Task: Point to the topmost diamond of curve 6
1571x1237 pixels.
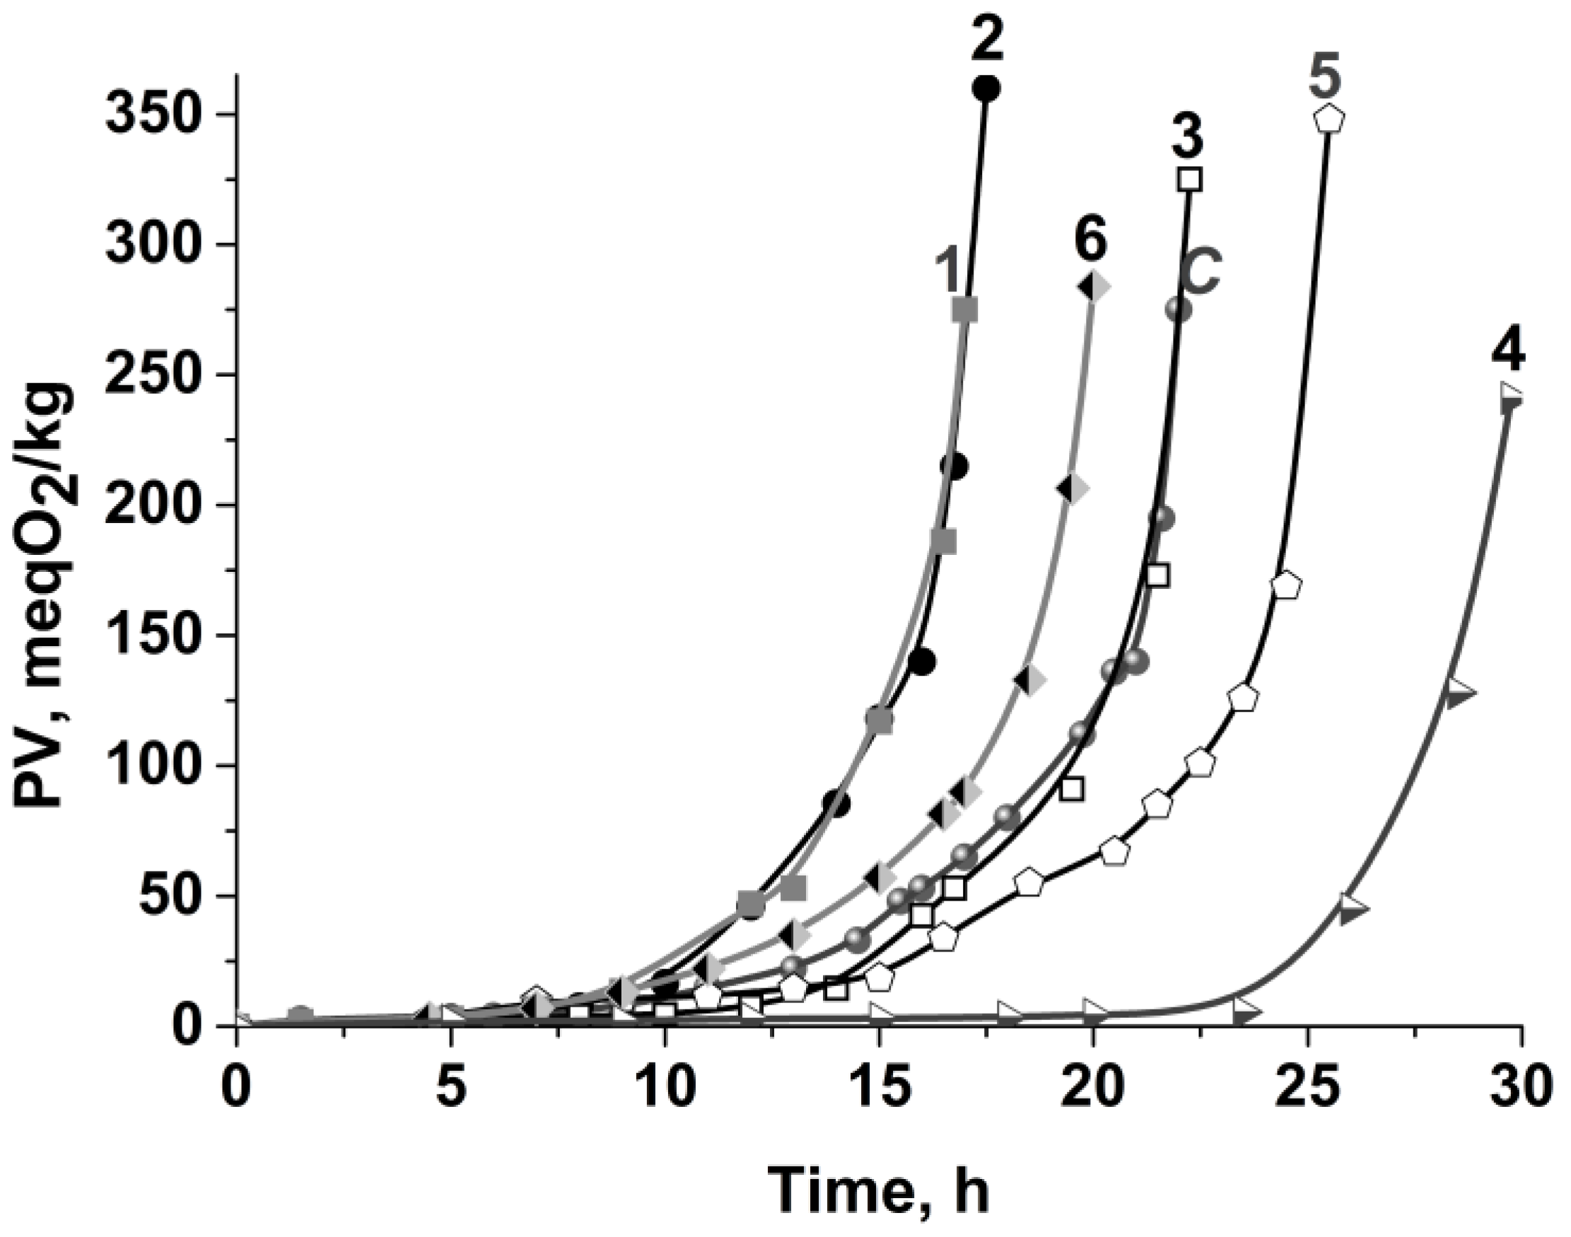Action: pos(1094,287)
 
